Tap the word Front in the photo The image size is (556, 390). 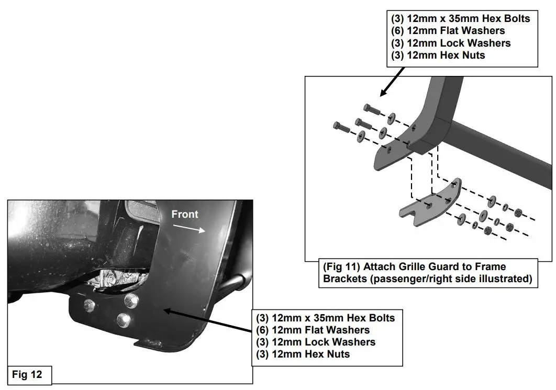185,214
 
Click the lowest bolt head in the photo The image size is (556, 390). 123,319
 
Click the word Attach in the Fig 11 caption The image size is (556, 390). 385,267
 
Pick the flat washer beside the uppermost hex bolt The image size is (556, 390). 392,116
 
